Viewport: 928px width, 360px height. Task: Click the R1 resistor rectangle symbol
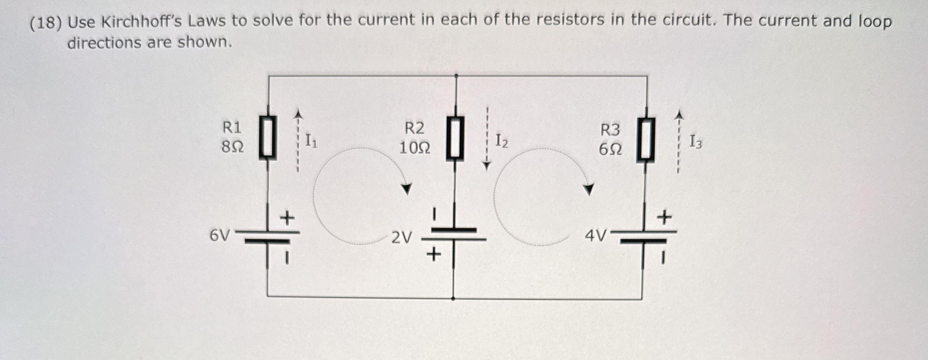click(x=268, y=138)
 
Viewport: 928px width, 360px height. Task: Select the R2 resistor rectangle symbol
click(x=455, y=138)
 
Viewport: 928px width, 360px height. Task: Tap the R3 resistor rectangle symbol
click(x=646, y=140)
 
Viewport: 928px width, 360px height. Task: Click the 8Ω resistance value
click(x=232, y=148)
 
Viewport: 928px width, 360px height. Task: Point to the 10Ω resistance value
click(x=415, y=148)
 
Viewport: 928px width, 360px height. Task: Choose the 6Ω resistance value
click(x=610, y=149)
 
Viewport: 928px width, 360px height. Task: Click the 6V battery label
click(x=220, y=236)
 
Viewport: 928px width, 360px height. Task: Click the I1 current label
click(x=311, y=141)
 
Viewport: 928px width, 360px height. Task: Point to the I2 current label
click(x=502, y=141)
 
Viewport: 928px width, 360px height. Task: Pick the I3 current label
click(x=695, y=142)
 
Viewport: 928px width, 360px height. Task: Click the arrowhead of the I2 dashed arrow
click(x=486, y=166)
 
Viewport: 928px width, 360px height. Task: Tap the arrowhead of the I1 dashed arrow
click(x=299, y=114)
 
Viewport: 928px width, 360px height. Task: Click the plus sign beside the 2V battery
click(x=433, y=255)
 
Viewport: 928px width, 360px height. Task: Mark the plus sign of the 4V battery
click(x=664, y=217)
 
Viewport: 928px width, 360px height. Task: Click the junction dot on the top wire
click(x=456, y=76)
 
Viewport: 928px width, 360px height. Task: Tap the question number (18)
click(x=46, y=23)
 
